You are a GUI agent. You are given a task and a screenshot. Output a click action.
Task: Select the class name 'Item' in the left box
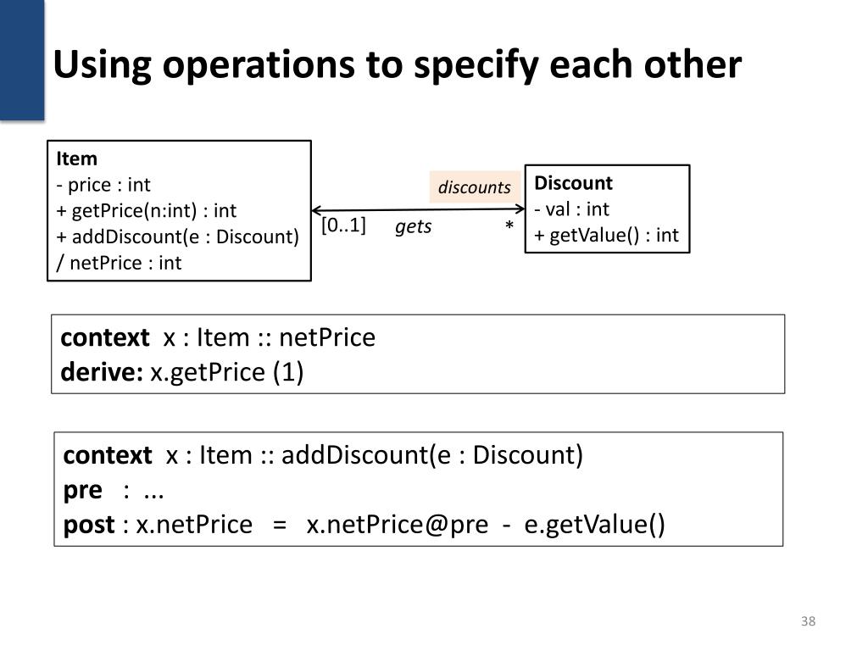point(76,159)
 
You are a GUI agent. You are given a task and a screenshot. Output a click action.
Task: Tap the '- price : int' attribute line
point(103,185)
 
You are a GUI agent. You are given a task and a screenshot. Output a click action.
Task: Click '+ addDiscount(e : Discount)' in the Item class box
point(177,236)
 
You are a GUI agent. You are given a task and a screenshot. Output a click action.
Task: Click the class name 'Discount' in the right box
point(573,183)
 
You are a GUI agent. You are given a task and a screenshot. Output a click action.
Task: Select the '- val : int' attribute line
point(571,209)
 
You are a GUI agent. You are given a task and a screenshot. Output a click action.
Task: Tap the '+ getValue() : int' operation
point(606,235)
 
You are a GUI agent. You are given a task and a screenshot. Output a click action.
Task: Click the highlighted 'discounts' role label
point(474,187)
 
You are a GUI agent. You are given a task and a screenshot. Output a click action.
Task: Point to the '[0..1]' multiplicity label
point(343,225)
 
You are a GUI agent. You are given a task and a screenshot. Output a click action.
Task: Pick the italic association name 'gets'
point(413,226)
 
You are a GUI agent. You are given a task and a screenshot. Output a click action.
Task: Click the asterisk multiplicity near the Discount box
point(509,227)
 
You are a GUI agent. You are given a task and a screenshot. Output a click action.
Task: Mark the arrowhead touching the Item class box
point(317,210)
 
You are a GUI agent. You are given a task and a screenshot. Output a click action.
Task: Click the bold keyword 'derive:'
point(102,372)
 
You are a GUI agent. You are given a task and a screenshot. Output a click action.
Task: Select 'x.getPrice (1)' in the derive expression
point(226,372)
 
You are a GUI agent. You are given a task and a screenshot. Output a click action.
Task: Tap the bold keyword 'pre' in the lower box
point(82,490)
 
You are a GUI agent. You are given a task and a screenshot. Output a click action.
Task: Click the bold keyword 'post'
point(88,525)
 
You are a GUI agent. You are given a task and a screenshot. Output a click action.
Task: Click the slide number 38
point(808,622)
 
